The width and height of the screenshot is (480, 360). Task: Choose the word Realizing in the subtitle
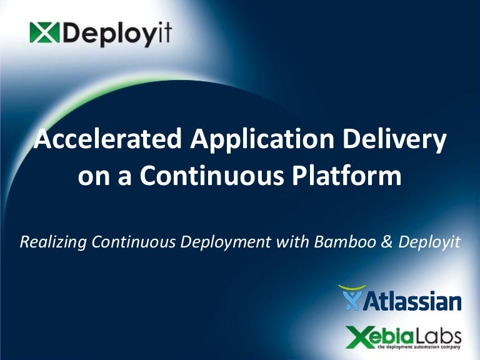pos(50,242)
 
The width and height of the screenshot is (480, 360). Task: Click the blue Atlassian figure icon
pos(352,298)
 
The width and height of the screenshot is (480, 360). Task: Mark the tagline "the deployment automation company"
pos(422,346)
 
